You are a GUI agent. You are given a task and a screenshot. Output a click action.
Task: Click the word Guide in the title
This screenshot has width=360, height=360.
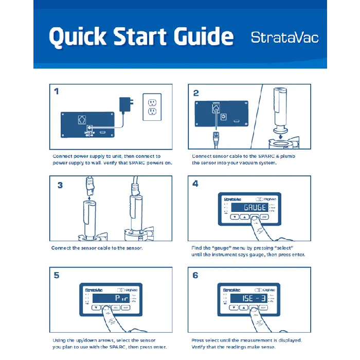click(200, 37)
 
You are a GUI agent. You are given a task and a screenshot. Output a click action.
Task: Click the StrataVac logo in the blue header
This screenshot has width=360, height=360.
click(284, 38)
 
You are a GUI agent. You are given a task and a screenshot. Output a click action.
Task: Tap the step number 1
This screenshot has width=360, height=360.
click(57, 92)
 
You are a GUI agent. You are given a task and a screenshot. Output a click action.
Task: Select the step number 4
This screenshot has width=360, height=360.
click(195, 184)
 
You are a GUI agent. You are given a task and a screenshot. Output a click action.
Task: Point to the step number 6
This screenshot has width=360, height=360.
click(195, 275)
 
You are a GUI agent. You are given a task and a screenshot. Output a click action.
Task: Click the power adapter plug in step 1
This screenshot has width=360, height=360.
click(125, 104)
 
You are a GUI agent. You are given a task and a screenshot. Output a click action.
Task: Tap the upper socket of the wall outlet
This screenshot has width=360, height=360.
click(152, 101)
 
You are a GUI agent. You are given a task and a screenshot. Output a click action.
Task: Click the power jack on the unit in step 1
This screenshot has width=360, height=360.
click(89, 127)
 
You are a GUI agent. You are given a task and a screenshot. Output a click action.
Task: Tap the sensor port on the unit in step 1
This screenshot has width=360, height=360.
click(81, 119)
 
